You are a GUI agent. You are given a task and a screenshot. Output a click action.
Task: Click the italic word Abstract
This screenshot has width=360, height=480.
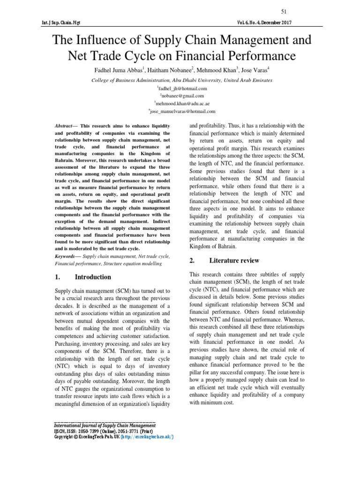[x=63, y=126]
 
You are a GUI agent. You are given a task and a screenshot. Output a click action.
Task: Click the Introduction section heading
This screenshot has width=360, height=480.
[x=93, y=277]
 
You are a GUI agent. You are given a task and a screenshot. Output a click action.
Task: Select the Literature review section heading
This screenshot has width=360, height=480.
[x=234, y=261]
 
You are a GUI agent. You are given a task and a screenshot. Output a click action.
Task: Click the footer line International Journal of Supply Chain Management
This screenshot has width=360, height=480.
[x=105, y=425]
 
